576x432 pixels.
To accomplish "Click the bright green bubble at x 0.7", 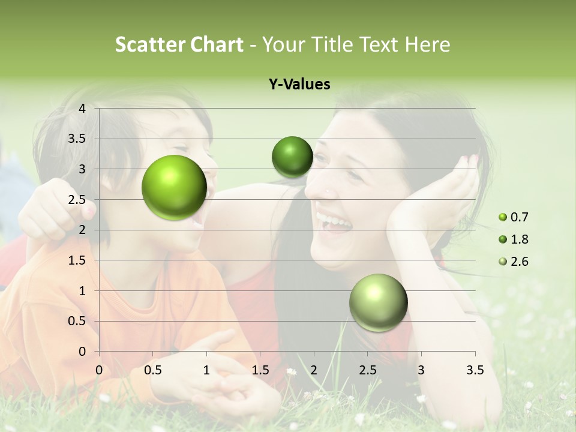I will [x=174, y=187].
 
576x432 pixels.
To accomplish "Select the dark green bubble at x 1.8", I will [x=292, y=157].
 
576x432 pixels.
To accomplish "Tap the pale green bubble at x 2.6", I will [x=378, y=302].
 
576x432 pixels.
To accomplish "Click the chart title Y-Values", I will [x=299, y=85].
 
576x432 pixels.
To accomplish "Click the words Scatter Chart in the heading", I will [x=179, y=44].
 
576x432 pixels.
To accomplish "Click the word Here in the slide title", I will [x=427, y=44].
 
